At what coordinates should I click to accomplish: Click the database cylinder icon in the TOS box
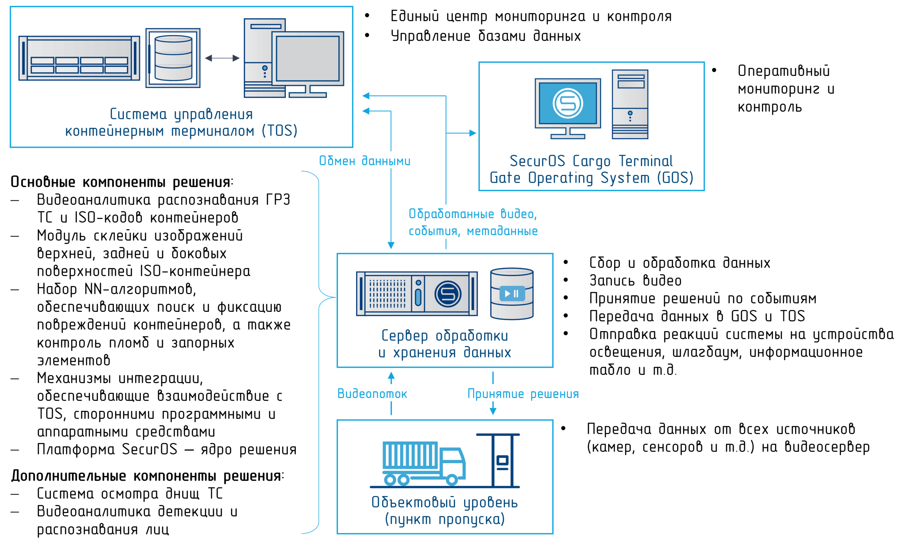tap(173, 58)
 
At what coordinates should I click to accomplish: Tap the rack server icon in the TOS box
tap(79, 58)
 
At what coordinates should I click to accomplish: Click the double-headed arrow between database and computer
tap(222, 58)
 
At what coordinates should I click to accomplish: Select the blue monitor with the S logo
tap(568, 109)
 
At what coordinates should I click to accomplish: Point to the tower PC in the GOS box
tap(630, 104)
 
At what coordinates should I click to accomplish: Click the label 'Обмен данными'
tap(364, 161)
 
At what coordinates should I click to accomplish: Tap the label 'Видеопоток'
tap(372, 394)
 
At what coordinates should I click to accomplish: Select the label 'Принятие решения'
tap(523, 394)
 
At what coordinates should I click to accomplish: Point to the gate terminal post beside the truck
tap(502, 460)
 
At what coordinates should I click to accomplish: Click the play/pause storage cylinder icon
tap(512, 294)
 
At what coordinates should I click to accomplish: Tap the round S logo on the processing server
tap(448, 294)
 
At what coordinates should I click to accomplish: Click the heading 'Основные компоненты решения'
tap(122, 182)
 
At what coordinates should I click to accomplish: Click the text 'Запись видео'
tap(636, 281)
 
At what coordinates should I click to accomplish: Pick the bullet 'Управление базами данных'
tap(486, 36)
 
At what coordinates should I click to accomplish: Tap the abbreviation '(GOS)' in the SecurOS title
tap(675, 178)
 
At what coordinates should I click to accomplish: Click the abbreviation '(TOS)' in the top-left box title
tap(280, 131)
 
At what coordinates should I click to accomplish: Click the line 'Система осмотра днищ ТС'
tap(130, 494)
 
